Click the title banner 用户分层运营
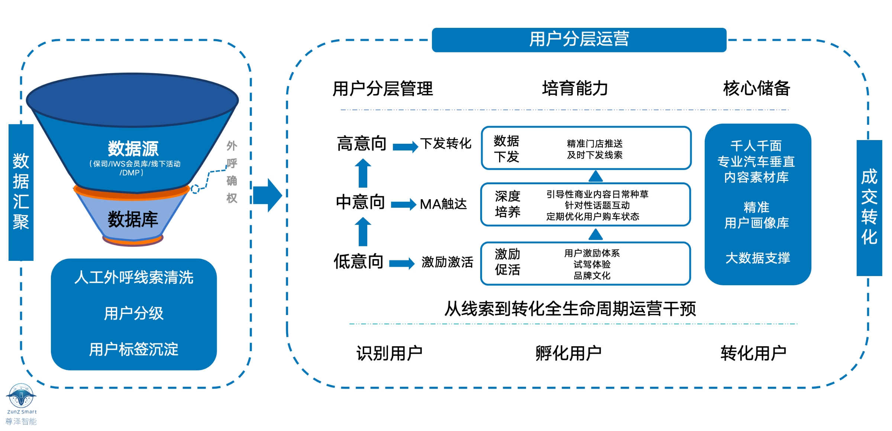(x=579, y=39)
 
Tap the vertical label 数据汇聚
(x=21, y=192)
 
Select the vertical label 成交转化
(x=869, y=207)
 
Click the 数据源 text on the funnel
(x=133, y=149)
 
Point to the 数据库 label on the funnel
(x=133, y=219)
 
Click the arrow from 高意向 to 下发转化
(x=405, y=146)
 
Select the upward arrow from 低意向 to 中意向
(x=363, y=231)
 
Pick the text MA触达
(x=443, y=204)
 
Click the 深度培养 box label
(x=507, y=204)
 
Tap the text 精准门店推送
(x=595, y=143)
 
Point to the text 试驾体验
(x=592, y=264)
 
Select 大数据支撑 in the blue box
(x=757, y=258)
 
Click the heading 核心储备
(x=756, y=88)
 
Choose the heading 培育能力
(x=575, y=88)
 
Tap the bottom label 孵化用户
(x=568, y=353)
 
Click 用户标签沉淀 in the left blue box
(x=133, y=349)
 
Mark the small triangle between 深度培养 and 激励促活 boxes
(x=595, y=234)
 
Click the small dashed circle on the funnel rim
(x=195, y=189)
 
